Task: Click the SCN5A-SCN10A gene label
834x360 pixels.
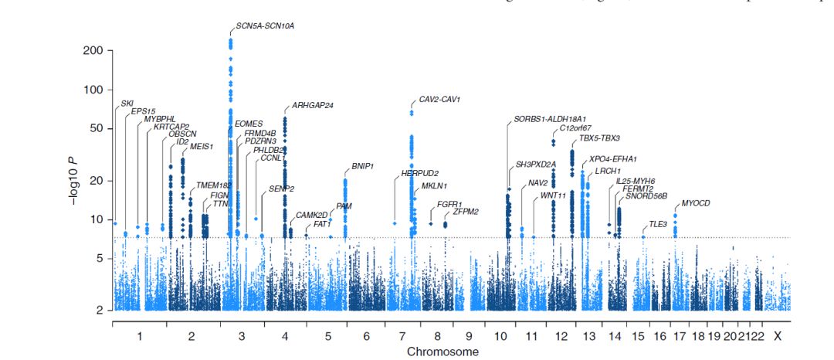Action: coord(265,25)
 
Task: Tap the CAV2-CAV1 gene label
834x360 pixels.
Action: coord(439,100)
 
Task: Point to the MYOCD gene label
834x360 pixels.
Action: coord(695,203)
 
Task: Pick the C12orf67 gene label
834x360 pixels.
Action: coord(575,128)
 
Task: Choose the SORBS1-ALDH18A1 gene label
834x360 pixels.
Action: coord(550,119)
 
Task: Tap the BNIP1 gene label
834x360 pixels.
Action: coord(362,166)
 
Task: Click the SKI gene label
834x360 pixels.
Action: coord(127,103)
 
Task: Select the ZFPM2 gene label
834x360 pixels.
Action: coord(466,211)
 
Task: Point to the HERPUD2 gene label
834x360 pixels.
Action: coord(420,173)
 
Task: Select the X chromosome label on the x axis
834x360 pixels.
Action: coord(778,336)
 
